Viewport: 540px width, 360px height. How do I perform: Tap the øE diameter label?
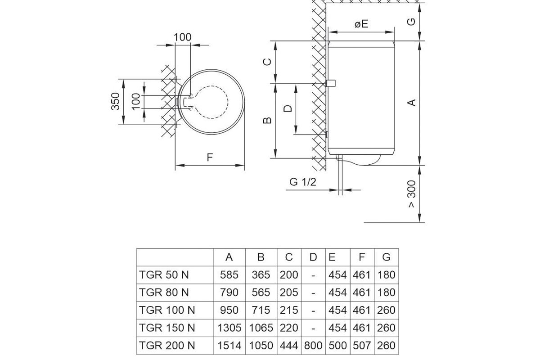click(361, 24)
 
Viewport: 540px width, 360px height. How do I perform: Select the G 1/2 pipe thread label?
click(303, 182)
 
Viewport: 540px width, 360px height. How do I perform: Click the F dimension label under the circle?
click(210, 157)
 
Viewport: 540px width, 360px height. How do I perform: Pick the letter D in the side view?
click(288, 108)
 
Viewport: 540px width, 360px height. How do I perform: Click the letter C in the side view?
click(267, 62)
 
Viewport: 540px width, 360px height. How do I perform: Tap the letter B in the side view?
click(267, 120)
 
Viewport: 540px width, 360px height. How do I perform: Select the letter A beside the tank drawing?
click(411, 103)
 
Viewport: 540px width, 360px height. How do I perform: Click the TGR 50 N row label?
click(164, 274)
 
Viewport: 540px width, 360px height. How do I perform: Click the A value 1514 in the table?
click(229, 346)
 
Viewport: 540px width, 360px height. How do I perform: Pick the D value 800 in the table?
click(313, 346)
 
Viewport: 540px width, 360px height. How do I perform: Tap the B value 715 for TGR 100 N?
click(261, 310)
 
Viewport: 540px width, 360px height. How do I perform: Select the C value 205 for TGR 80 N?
click(289, 292)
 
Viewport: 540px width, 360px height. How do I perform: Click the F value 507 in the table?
click(362, 346)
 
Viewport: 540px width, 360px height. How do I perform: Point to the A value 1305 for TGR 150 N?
click(229, 328)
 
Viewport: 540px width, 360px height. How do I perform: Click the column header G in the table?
click(386, 257)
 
